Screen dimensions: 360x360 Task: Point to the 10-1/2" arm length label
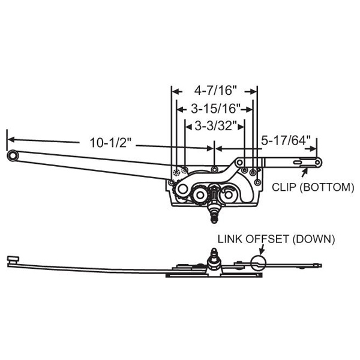click(109, 142)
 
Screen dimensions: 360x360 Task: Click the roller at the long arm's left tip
click(13, 155)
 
